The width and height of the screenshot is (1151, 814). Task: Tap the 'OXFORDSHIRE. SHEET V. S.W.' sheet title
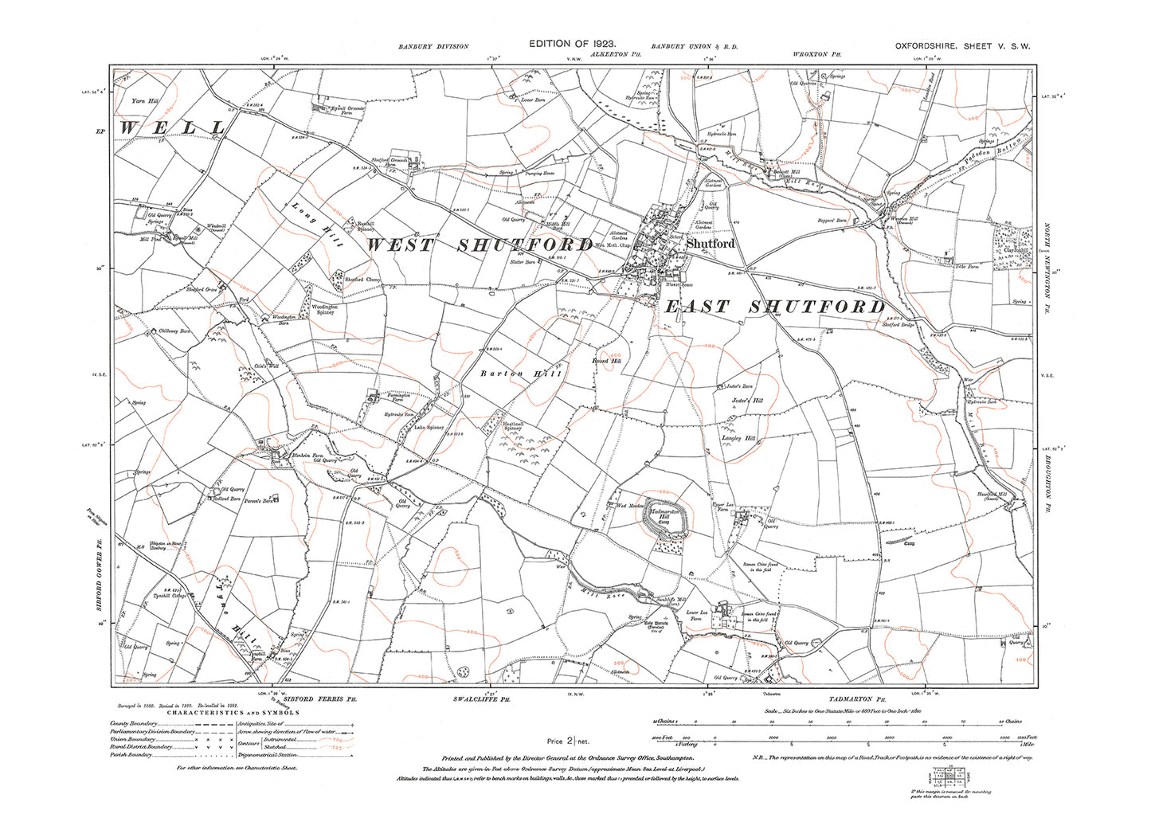962,46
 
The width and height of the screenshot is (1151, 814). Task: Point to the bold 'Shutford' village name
711,244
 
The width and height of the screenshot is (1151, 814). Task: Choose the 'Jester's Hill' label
748,401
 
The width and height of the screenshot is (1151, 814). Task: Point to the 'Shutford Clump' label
364,280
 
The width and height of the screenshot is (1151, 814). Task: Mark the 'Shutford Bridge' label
899,324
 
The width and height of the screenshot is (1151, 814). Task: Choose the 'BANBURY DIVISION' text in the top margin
433,47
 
